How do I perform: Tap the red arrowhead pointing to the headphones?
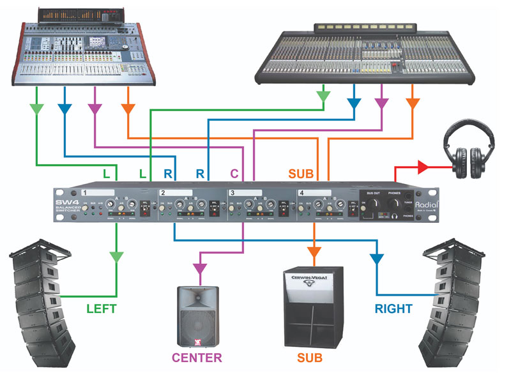click(422, 167)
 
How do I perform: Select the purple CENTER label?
click(196, 357)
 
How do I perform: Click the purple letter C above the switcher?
click(234, 174)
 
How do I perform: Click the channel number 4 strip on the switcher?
click(313, 192)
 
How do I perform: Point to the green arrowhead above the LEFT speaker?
click(116, 257)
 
